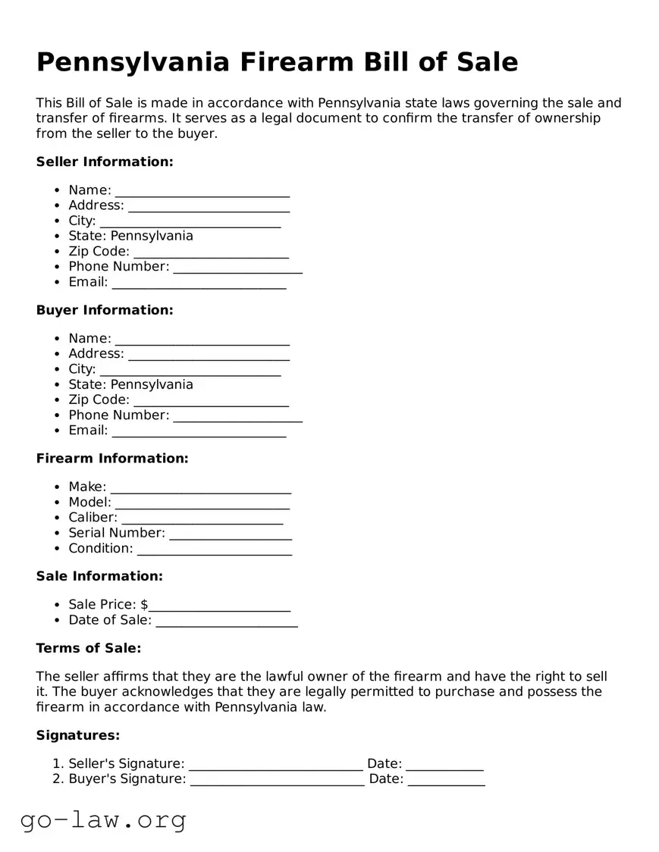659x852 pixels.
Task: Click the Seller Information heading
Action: pyautogui.click(x=105, y=161)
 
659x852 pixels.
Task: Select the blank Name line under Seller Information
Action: pyautogui.click(x=202, y=191)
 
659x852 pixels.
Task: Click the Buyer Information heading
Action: pyautogui.click(x=105, y=310)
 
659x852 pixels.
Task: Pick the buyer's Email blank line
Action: pyautogui.click(x=199, y=431)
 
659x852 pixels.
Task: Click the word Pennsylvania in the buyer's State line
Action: pyautogui.click(x=152, y=384)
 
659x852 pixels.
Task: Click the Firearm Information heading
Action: pyautogui.click(x=112, y=459)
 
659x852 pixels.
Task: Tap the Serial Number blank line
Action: pyautogui.click(x=231, y=534)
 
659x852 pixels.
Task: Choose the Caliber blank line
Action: pyautogui.click(x=202, y=518)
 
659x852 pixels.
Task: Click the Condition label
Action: pyautogui.click(x=100, y=548)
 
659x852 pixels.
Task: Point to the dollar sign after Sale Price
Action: pyautogui.click(x=144, y=605)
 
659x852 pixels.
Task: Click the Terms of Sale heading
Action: pyautogui.click(x=89, y=648)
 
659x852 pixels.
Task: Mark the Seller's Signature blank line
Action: pyautogui.click(x=275, y=765)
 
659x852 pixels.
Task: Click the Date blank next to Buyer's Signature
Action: pyautogui.click(x=446, y=780)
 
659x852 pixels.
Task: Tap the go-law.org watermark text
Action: pyautogui.click(x=103, y=819)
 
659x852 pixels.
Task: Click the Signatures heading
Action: pyautogui.click(x=78, y=735)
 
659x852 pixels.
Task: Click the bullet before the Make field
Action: pyautogui.click(x=58, y=487)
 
